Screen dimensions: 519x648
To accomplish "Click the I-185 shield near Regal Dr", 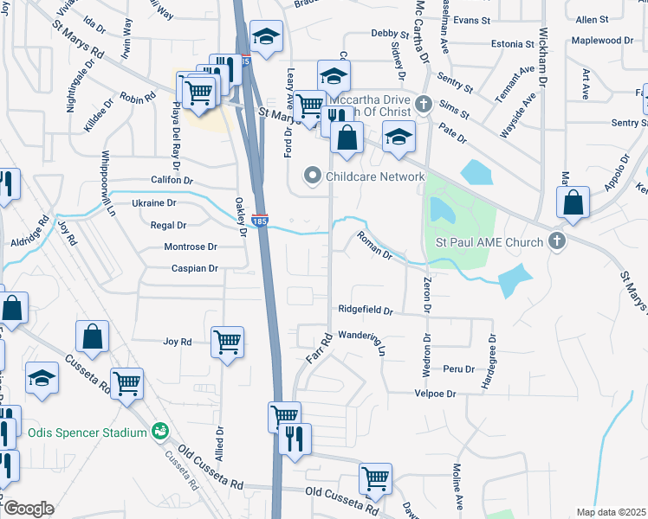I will (x=260, y=221).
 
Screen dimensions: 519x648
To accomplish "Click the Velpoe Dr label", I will (x=435, y=394).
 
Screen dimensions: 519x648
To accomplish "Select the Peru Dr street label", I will (x=458, y=368).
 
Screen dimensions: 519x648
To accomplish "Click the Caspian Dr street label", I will (x=194, y=268).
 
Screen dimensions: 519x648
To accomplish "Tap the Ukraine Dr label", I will (x=153, y=202).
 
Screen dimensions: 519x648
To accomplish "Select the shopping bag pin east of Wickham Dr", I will (x=573, y=203).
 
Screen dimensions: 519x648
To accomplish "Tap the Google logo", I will (x=28, y=509).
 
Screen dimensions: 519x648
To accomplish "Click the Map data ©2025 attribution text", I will (x=610, y=512).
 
